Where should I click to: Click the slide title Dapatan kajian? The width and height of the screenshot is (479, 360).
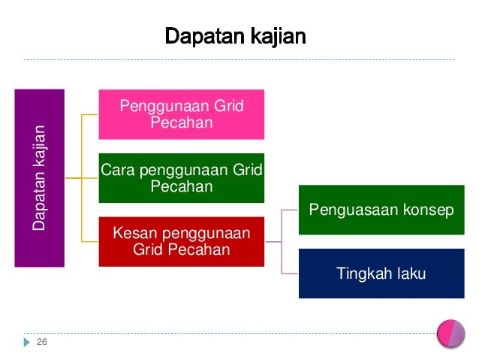[x=235, y=36]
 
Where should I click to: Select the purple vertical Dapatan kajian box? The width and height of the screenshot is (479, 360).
[x=40, y=177]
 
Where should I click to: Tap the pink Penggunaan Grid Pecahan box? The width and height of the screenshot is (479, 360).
[x=181, y=114]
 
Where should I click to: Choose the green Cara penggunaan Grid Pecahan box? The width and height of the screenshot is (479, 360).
[x=181, y=177]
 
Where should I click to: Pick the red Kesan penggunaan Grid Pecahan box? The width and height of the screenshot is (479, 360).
[x=181, y=241]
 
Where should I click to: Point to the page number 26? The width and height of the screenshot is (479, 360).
[x=42, y=343]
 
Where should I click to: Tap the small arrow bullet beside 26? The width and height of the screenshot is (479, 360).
[x=28, y=343]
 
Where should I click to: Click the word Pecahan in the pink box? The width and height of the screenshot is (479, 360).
[x=181, y=123]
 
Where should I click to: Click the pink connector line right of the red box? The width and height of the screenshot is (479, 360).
[x=273, y=242]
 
